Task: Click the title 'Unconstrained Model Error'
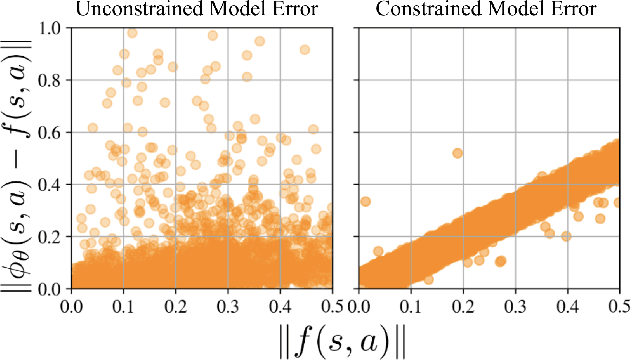(x=201, y=10)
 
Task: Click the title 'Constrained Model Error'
(x=486, y=10)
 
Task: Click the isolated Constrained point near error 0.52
(x=458, y=153)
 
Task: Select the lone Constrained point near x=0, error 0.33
(x=365, y=201)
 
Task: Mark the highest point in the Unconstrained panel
(x=131, y=33)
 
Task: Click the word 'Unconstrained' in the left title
(x=153, y=10)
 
